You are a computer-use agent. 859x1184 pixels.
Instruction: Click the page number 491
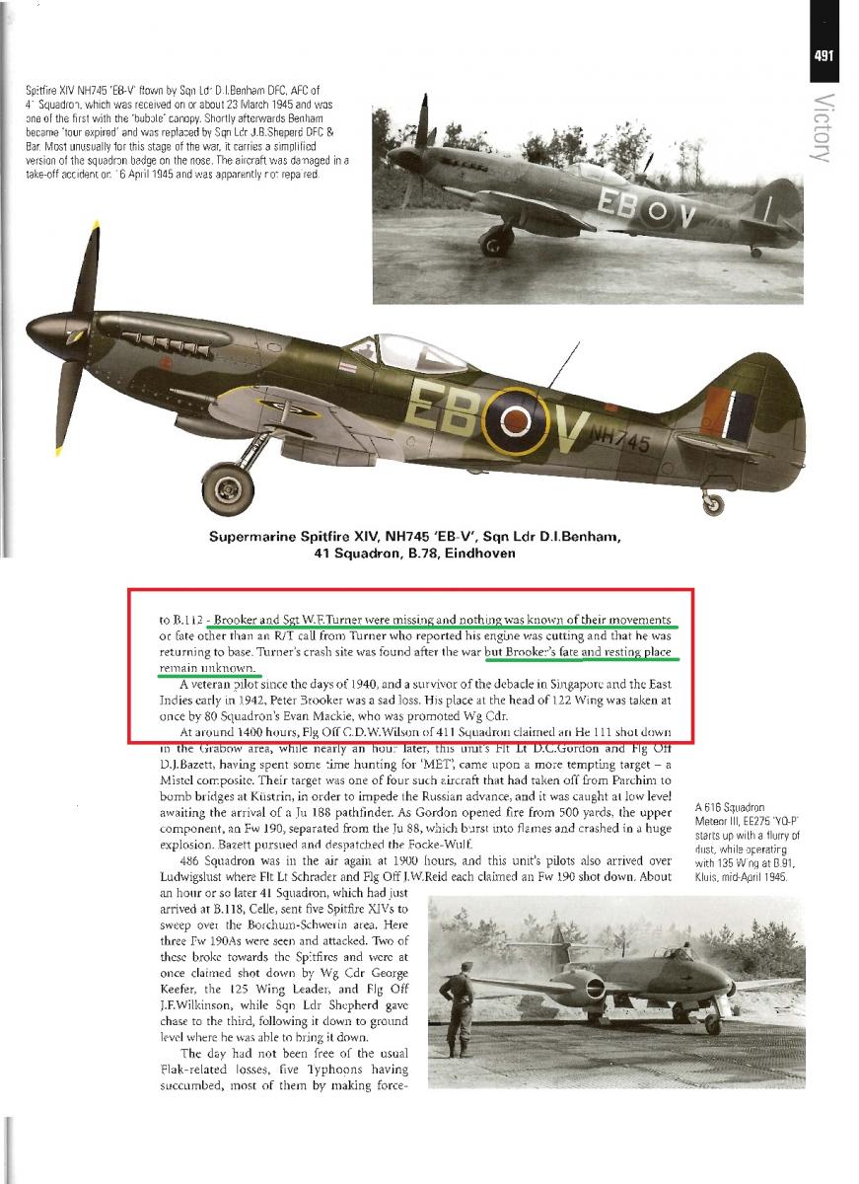(x=825, y=55)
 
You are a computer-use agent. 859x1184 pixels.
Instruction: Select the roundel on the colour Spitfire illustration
(x=515, y=420)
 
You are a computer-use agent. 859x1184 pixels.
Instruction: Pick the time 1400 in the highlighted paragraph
(x=255, y=732)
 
